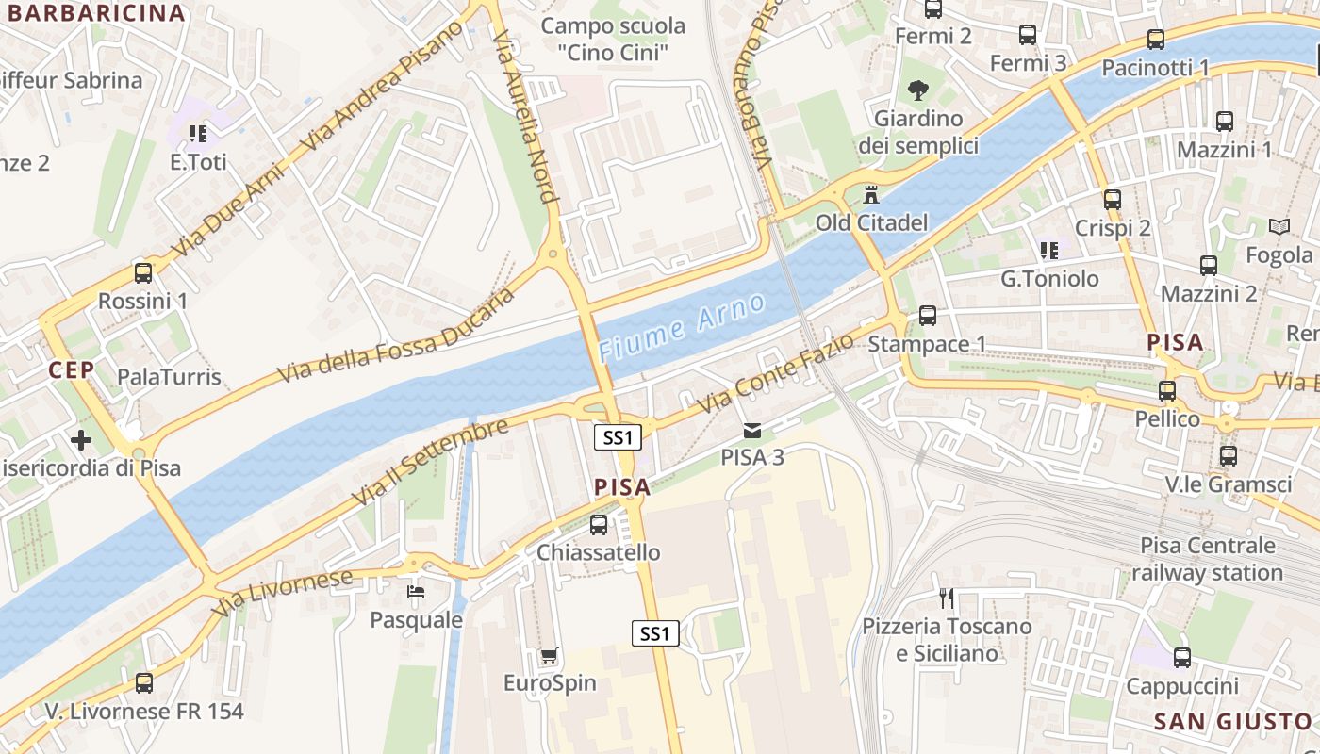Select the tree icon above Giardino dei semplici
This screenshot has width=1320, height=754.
[917, 90]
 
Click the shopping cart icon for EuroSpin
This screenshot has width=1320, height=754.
[549, 655]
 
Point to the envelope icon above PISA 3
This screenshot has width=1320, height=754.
[751, 431]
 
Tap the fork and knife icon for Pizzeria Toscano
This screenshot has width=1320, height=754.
[948, 598]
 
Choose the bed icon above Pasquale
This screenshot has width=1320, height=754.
[416, 592]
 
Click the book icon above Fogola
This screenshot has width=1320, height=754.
[1279, 226]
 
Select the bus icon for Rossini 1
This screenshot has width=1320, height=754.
[143, 273]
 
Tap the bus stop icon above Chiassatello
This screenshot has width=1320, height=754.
[599, 525]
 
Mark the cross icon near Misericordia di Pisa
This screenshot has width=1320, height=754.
[81, 439]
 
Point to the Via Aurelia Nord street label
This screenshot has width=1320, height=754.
[523, 113]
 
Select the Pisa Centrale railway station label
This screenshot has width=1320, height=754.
[1207, 559]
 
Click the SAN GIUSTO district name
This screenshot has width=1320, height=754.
[1233, 722]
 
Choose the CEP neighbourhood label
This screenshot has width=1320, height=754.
[72, 370]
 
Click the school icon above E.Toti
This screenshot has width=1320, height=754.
[197, 134]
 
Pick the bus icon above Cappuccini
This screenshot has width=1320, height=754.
[1181, 658]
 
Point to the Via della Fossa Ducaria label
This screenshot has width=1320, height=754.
[396, 336]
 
